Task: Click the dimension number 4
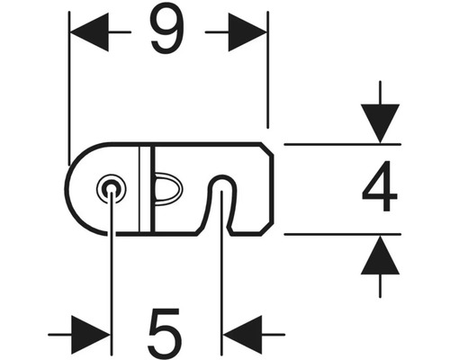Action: [380, 185]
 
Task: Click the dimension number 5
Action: [166, 332]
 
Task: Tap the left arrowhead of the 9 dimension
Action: [89, 31]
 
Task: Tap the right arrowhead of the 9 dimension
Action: [247, 31]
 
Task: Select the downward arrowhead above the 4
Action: [380, 123]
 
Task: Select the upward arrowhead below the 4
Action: [380, 255]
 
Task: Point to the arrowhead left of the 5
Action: [91, 334]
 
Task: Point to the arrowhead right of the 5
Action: [243, 334]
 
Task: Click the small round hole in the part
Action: [112, 189]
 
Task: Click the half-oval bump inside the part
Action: [167, 189]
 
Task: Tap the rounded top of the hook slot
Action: [222, 178]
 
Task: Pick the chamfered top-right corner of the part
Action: [266, 149]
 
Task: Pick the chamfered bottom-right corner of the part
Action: [266, 229]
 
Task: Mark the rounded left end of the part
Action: [67, 189]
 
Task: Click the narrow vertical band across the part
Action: [147, 189]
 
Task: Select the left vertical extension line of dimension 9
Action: [69, 88]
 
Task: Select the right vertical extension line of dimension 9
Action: [267, 70]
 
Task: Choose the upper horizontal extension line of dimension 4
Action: [342, 145]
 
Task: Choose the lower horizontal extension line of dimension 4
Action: [342, 234]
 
